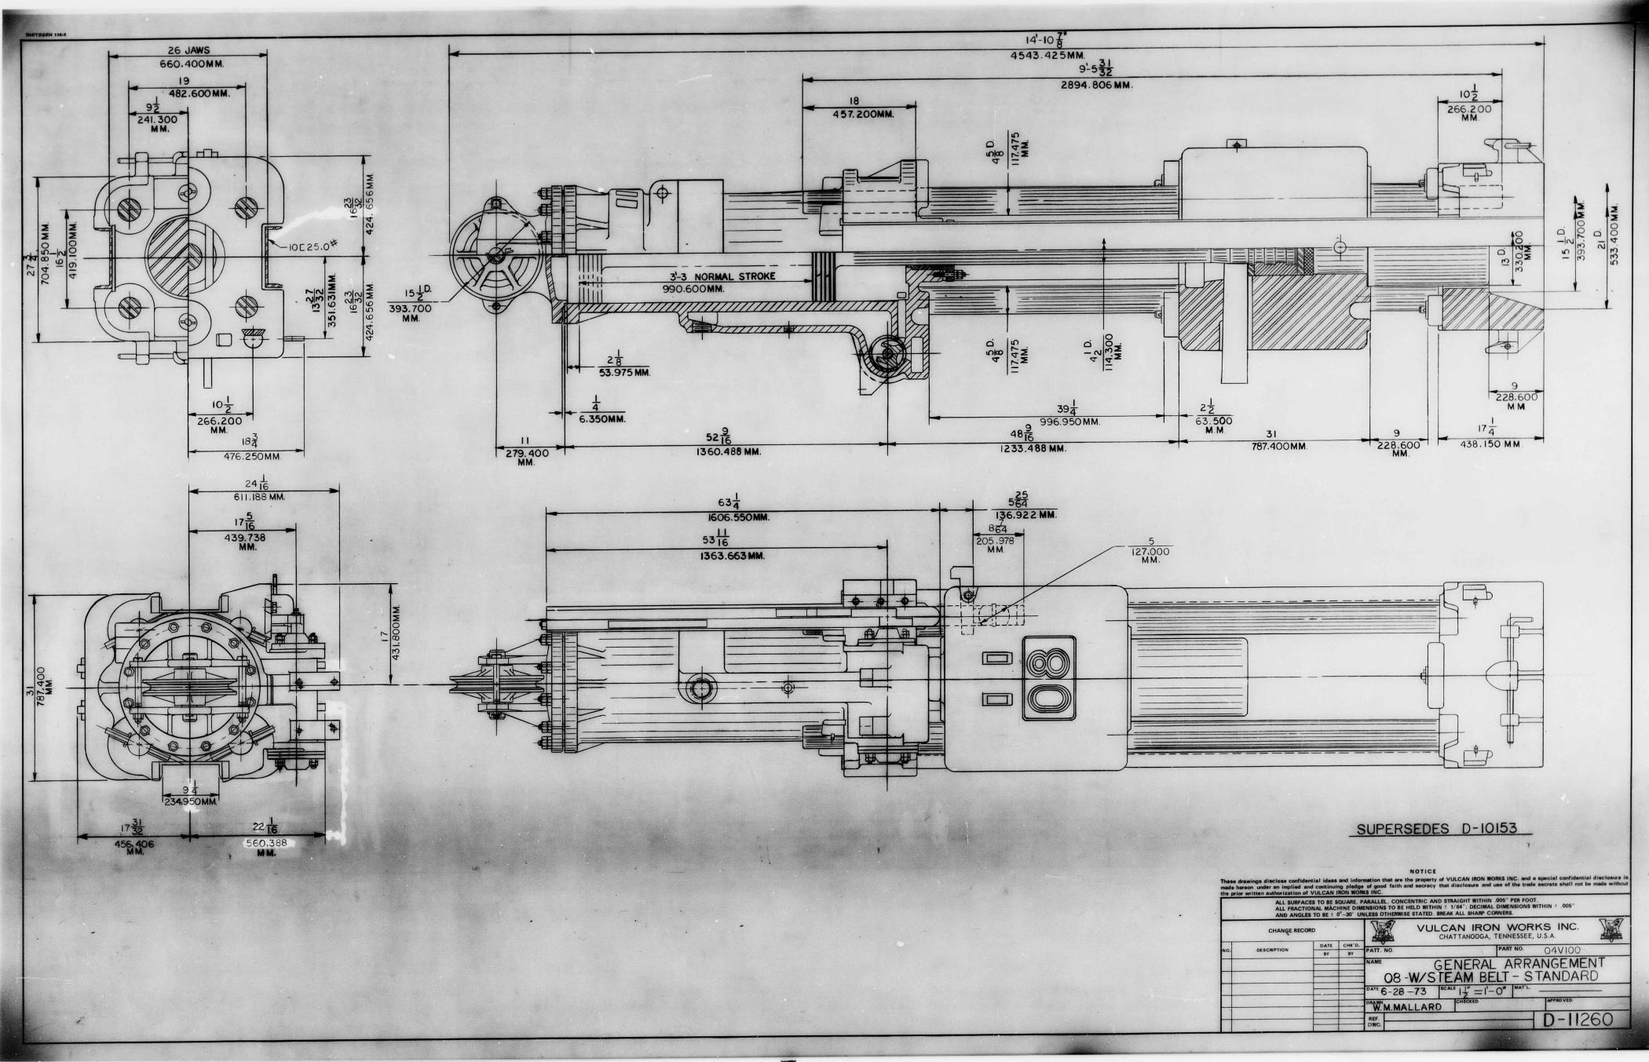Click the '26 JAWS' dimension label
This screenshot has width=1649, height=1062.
pyautogui.click(x=186, y=50)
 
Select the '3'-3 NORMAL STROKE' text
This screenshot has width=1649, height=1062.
pyautogui.click(x=722, y=277)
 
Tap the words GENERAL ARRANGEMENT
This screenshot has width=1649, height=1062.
pyautogui.click(x=1519, y=964)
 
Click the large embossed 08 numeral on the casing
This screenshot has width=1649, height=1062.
pyautogui.click(x=1049, y=678)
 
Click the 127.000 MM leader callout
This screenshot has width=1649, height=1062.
pyautogui.click(x=1150, y=552)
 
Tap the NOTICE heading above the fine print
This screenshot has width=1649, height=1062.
pyautogui.click(x=1423, y=871)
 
